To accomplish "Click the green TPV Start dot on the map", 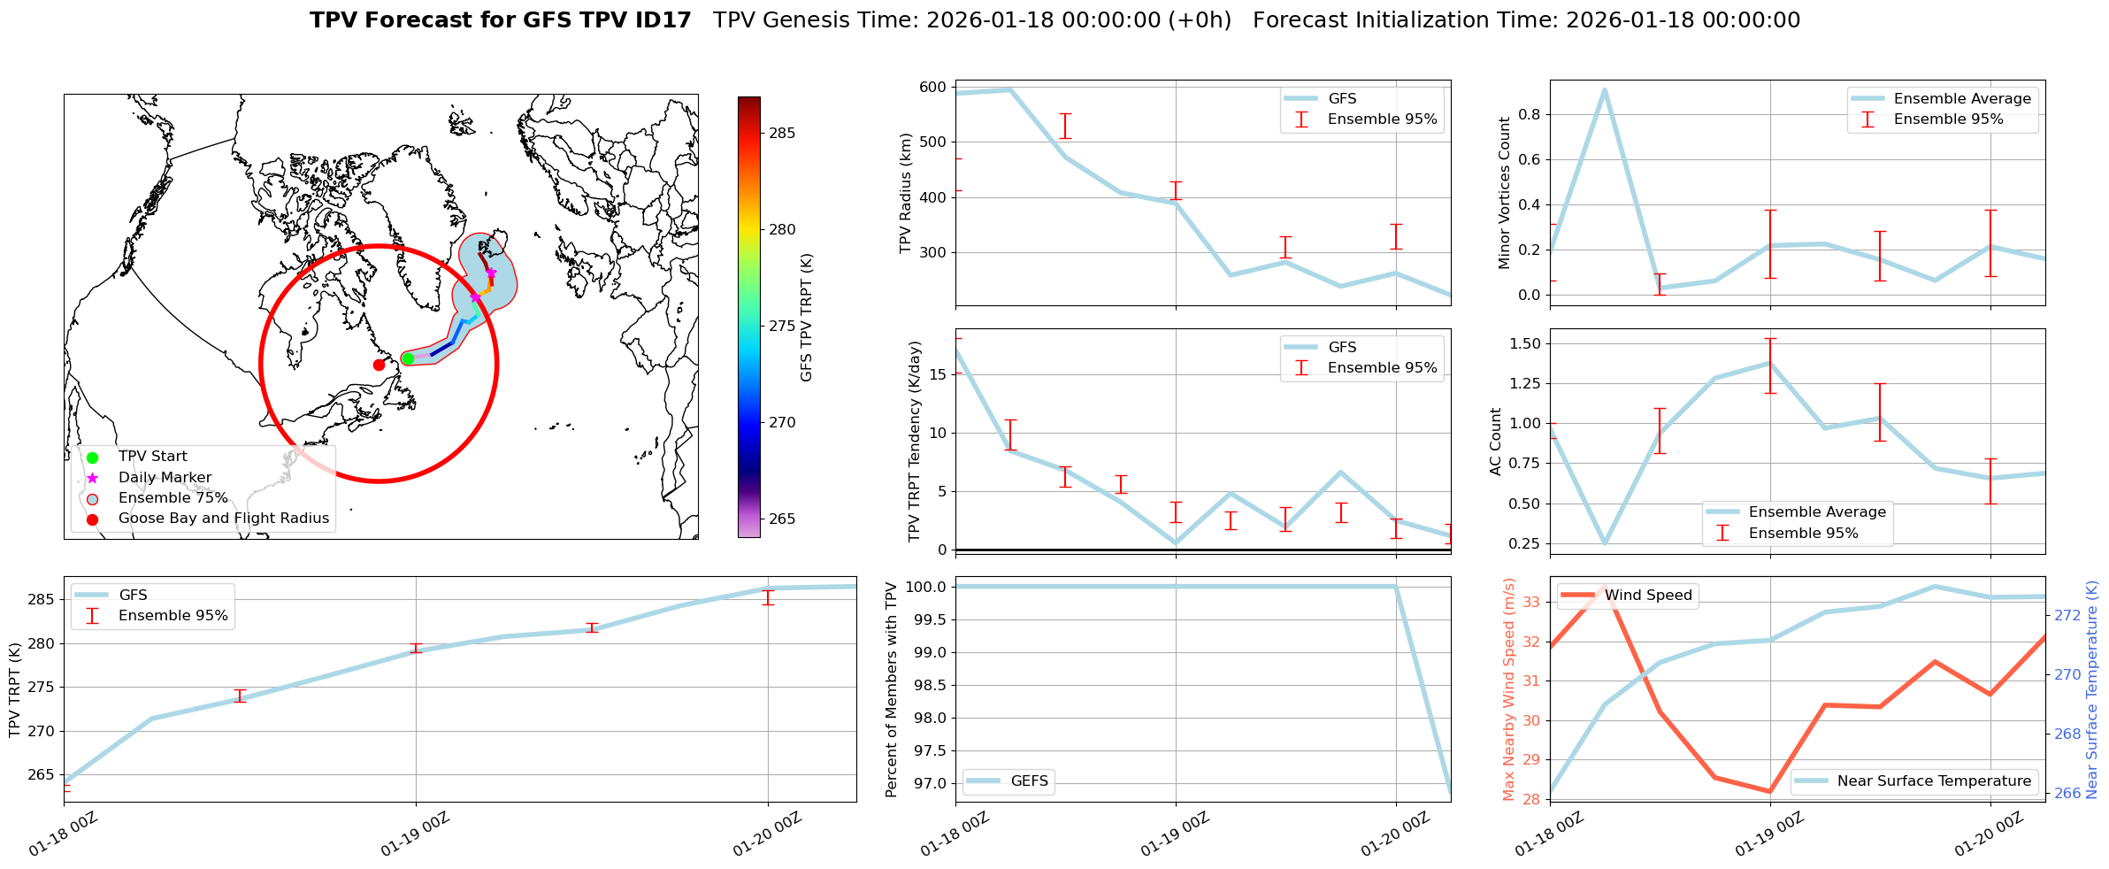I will pos(408,358).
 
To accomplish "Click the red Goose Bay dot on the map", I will pos(379,365).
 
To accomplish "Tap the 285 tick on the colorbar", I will pos(782,134).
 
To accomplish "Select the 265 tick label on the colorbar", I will pos(782,519).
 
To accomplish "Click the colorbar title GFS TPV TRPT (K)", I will pos(806,318).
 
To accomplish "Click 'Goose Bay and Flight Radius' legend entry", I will pos(223,519).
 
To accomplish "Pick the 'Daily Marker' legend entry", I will pos(165,478).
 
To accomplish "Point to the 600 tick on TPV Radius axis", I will pos(932,88).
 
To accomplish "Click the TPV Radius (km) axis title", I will pos(905,193).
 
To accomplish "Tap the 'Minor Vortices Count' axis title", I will pos(1504,193).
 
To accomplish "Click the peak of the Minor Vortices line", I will pos(1605,89).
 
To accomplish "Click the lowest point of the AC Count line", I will pos(1605,543).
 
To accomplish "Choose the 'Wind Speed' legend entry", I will pos(1648,596).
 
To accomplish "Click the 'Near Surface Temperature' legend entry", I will pos(1934,781).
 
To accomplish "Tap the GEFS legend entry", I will pos(1029,781).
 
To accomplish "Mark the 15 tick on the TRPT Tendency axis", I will pos(939,374).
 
